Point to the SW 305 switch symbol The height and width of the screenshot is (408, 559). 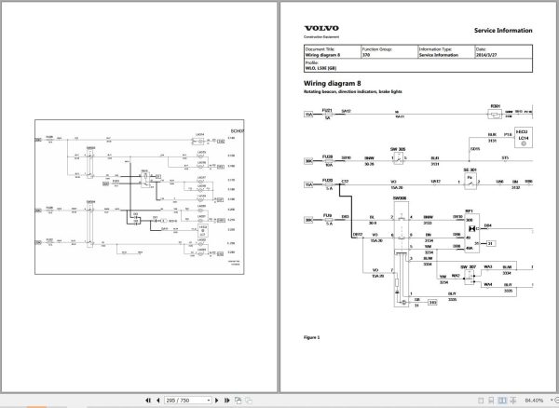395,156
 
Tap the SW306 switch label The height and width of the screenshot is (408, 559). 400,198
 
